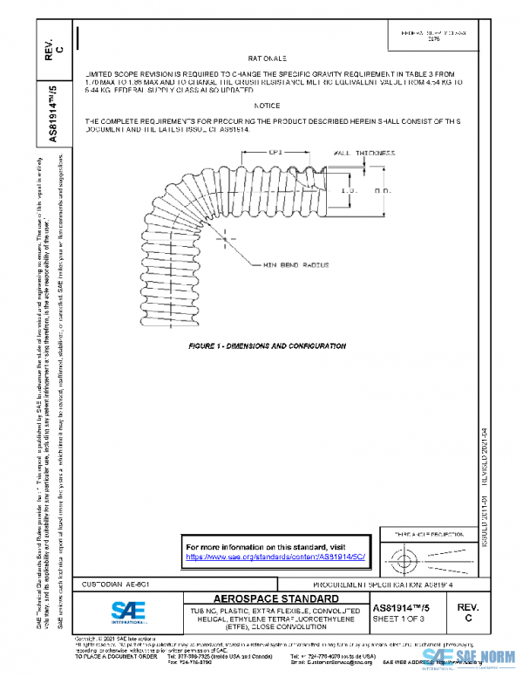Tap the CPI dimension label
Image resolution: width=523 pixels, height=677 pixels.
275,151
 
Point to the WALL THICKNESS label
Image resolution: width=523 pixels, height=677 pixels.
364,153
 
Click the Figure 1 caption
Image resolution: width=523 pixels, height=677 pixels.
268,345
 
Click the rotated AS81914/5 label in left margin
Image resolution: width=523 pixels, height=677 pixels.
53,114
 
